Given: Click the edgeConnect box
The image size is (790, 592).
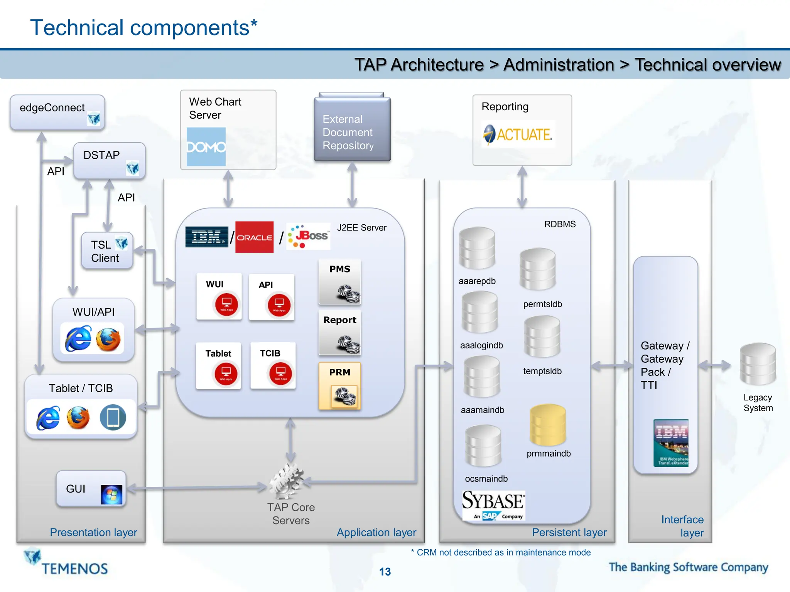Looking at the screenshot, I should pos(57,112).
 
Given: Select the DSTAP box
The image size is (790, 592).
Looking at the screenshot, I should pos(109,160).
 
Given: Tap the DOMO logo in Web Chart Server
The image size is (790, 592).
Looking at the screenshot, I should pos(206,147).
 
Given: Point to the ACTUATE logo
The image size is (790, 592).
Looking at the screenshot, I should pos(518,135).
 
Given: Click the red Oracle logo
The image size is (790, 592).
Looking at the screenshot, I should pos(254,237).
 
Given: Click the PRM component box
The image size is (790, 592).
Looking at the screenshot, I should pos(339,385).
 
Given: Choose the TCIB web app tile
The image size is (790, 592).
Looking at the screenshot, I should pos(273,365).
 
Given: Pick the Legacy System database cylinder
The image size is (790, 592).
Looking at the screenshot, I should pos(758,364).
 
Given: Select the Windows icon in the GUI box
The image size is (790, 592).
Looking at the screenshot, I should pos(111,494).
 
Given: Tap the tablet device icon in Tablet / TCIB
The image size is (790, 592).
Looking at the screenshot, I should pos(113,417).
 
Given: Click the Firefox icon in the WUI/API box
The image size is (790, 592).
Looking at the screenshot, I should pos(108,340).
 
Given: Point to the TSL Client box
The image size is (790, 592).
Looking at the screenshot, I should pos(107,251).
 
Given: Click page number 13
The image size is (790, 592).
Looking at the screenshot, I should pos(385,572).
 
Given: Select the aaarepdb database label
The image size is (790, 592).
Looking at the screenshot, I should pos(477,281).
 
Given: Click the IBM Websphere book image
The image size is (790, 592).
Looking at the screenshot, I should pos(671,442).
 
